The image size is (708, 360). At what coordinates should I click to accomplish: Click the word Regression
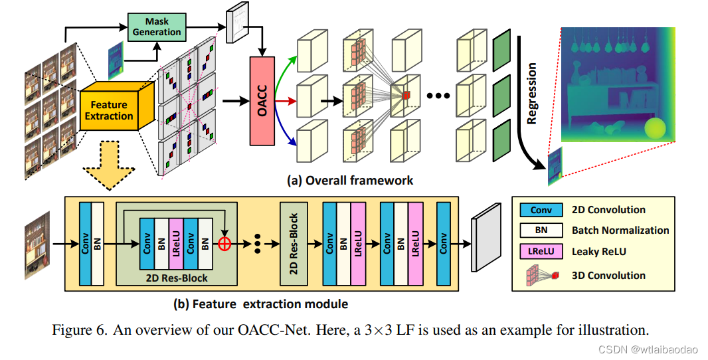531,94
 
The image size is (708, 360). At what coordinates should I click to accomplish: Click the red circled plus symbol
224,244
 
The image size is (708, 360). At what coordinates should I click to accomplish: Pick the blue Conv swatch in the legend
541,210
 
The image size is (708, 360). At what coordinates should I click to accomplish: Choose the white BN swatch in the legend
541,230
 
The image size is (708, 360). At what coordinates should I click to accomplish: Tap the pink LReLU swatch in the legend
541,252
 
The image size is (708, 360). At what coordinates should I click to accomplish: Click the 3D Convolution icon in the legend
541,274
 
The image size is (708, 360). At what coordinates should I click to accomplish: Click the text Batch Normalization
620,230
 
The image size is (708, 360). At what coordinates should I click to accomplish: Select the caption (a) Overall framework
349,180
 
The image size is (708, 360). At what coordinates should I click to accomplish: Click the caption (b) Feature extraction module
260,304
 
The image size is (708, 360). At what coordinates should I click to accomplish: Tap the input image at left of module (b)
37,244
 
